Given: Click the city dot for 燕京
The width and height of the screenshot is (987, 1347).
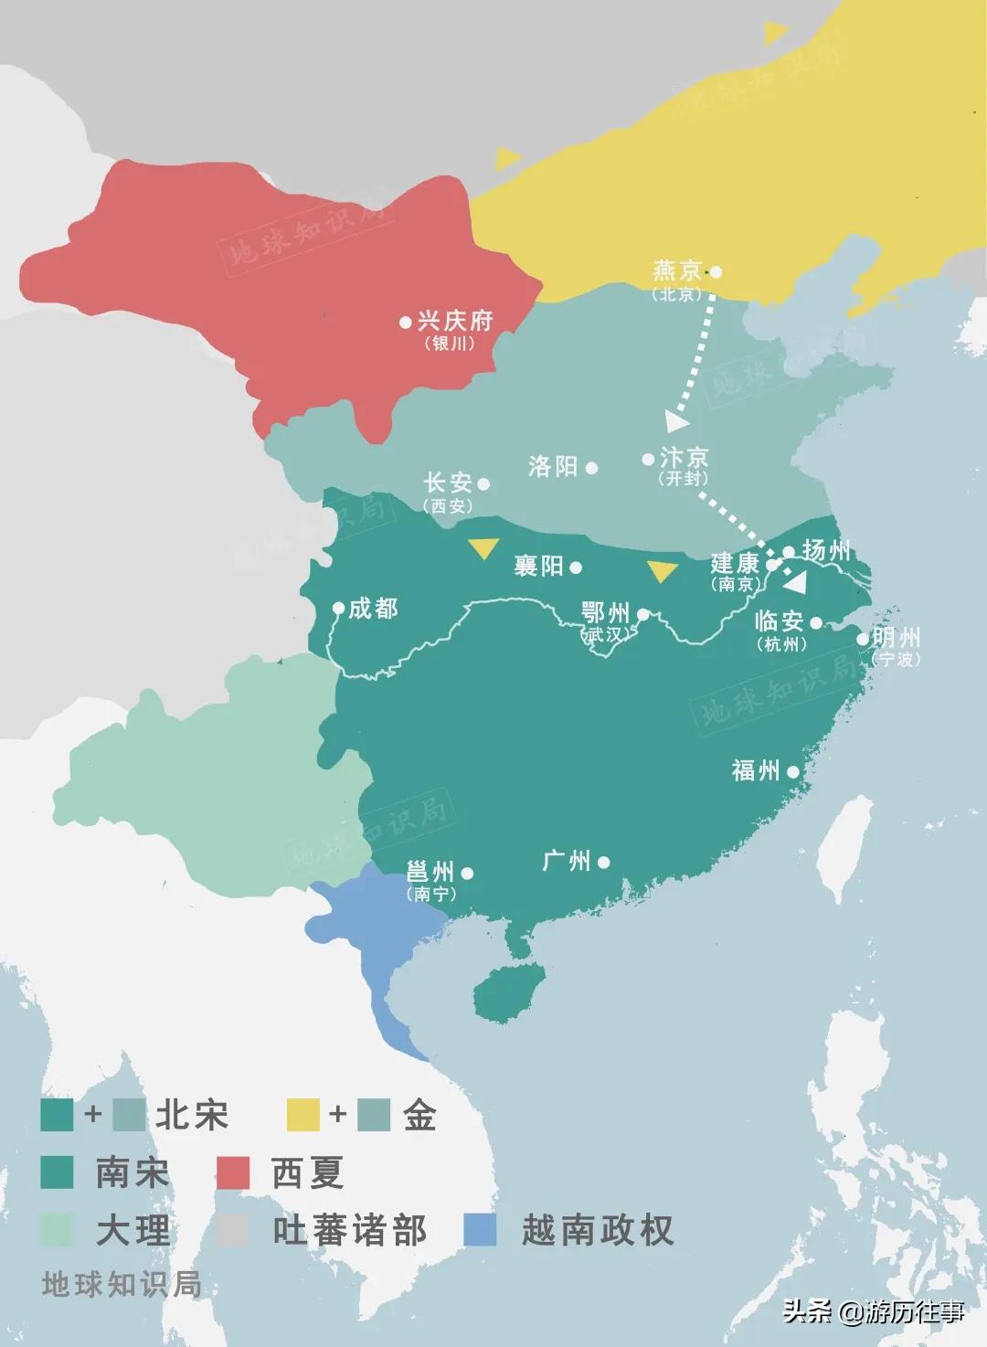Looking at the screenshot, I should click(716, 271).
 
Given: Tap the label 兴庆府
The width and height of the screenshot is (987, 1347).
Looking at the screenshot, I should click(454, 321).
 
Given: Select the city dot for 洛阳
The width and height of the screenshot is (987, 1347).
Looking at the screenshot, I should click(592, 468).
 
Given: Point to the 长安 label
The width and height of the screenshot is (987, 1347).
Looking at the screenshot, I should click(448, 483).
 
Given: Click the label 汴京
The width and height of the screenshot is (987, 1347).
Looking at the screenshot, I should click(684, 457).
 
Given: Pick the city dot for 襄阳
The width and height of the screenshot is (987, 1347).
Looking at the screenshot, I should click(576, 567).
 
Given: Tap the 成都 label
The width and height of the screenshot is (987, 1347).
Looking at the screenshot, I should click(373, 608).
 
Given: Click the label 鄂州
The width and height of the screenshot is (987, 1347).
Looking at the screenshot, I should click(605, 611).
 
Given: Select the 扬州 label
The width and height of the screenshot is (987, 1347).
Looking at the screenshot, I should click(826, 550).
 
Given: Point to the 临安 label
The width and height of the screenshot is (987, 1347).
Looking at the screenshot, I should click(779, 620).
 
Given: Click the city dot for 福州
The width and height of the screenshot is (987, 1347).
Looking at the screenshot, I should click(792, 771).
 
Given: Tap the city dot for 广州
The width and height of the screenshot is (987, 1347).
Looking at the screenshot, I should click(603, 862).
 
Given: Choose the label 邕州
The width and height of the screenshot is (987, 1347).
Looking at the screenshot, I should click(430, 870).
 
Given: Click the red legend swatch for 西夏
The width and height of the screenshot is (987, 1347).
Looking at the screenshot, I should click(232, 1173).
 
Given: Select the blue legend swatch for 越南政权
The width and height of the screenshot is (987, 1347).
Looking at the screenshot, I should click(481, 1230).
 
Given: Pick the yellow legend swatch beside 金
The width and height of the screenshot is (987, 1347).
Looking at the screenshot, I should click(303, 1115).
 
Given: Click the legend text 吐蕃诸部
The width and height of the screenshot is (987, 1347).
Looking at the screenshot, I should click(350, 1231).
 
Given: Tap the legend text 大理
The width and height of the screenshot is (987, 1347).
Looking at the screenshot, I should click(133, 1231).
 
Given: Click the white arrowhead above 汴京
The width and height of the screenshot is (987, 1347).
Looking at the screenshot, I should click(676, 421).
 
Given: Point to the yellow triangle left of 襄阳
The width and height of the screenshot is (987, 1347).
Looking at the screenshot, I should click(483, 548).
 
